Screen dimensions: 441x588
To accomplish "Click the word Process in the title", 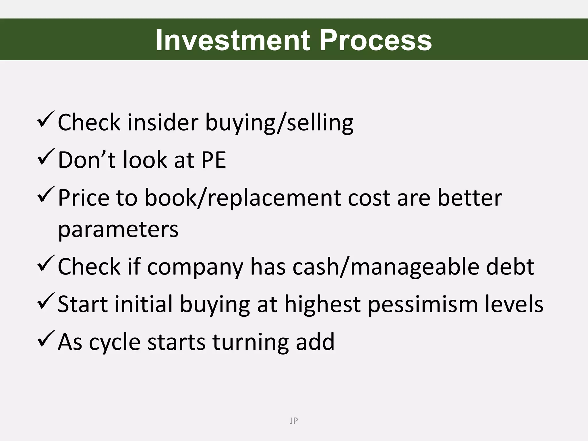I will tap(375, 40).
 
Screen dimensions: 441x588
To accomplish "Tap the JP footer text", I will tap(294, 421).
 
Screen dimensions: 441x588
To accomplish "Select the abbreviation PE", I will tap(214, 160).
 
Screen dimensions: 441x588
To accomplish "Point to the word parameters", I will tap(118, 230).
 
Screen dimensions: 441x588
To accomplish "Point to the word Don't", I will tap(86, 160).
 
